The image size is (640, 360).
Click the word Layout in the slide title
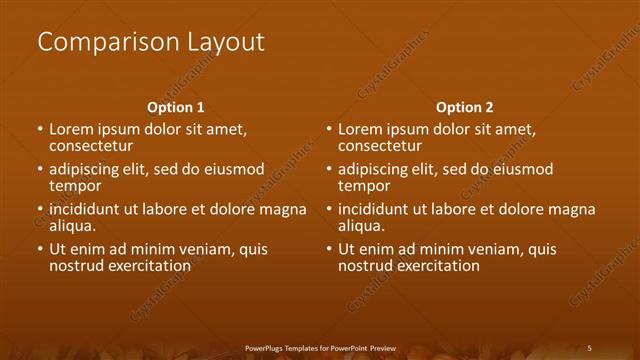(225, 42)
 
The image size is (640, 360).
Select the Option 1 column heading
(176, 107)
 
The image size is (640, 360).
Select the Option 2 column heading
(465, 107)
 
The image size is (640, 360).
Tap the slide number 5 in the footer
(589, 348)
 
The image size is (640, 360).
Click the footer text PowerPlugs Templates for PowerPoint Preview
(320, 348)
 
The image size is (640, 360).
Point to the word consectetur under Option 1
(91, 146)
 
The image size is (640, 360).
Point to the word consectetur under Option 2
(380, 146)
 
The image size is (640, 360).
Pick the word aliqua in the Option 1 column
(72, 226)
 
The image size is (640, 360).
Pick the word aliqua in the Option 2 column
(361, 226)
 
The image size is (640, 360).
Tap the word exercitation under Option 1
(148, 266)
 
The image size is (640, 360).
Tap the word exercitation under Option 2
(437, 266)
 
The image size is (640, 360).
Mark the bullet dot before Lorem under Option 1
(40, 130)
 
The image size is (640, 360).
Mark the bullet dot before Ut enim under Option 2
(329, 250)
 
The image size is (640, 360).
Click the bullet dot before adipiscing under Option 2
(329, 170)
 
